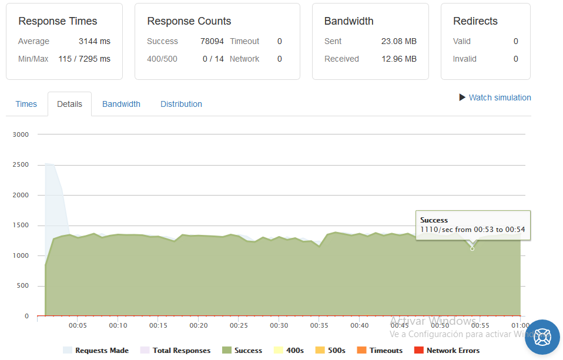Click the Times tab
[x=26, y=104]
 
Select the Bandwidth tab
[x=121, y=104]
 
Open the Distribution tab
[x=181, y=104]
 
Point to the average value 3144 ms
[x=95, y=41]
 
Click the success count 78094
[x=212, y=41]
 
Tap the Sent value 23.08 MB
[x=398, y=41]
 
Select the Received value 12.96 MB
[x=398, y=59]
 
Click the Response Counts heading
[x=189, y=21]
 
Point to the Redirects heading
[x=475, y=21]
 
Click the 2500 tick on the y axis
[x=21, y=165]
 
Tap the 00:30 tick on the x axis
[x=279, y=325]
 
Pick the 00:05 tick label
[x=78, y=325]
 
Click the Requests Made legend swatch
[x=68, y=350]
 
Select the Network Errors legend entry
[x=447, y=350]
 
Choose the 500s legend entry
[x=330, y=350]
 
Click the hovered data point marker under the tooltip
[x=472, y=249]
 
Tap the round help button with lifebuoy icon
[x=542, y=337]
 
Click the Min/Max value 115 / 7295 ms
[x=85, y=59]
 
